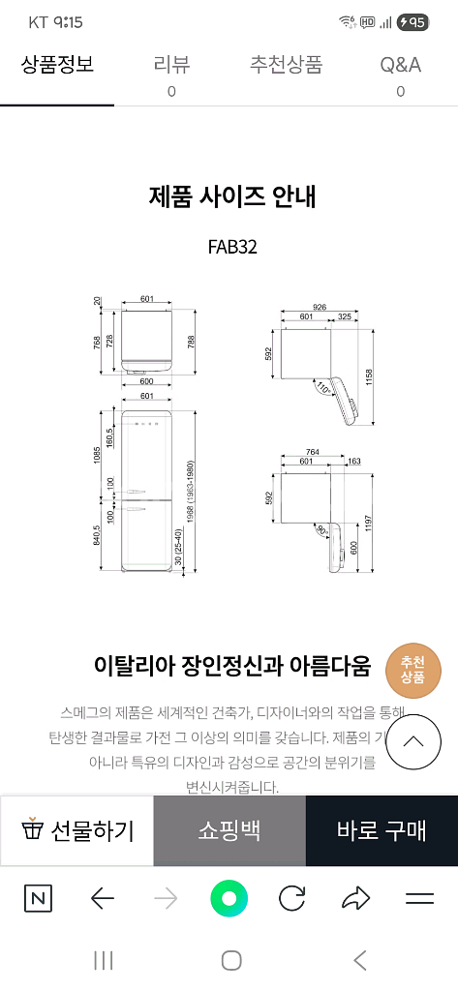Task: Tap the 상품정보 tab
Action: (57, 66)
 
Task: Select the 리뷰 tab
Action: (171, 66)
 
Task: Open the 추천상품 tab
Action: (286, 66)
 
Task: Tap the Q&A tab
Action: (400, 66)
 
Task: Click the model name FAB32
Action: (232, 246)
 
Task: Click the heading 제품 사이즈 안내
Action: (232, 196)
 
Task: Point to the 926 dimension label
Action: (319, 306)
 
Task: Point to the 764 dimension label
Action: (313, 452)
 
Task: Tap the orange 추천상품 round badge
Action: (413, 670)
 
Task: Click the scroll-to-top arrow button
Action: (413, 742)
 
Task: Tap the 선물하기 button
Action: (77, 830)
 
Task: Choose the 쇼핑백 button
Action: (229, 830)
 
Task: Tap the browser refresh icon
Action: (291, 899)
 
